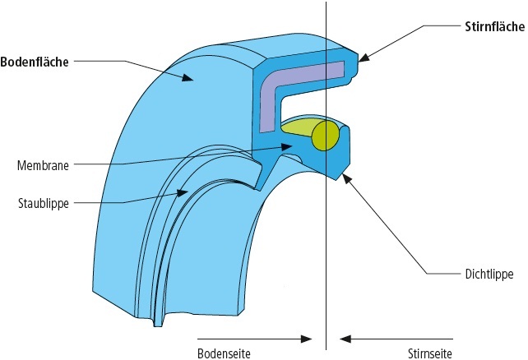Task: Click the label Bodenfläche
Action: coord(34,61)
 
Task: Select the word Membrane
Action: coord(41,164)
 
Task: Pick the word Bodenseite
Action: coord(224,352)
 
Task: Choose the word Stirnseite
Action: coord(429,352)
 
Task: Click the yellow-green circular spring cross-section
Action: coord(326,136)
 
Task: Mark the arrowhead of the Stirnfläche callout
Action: coord(362,58)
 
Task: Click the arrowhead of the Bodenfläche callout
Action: coord(191,79)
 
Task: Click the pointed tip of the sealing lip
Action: coord(338,178)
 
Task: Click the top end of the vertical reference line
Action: coord(327,2)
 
